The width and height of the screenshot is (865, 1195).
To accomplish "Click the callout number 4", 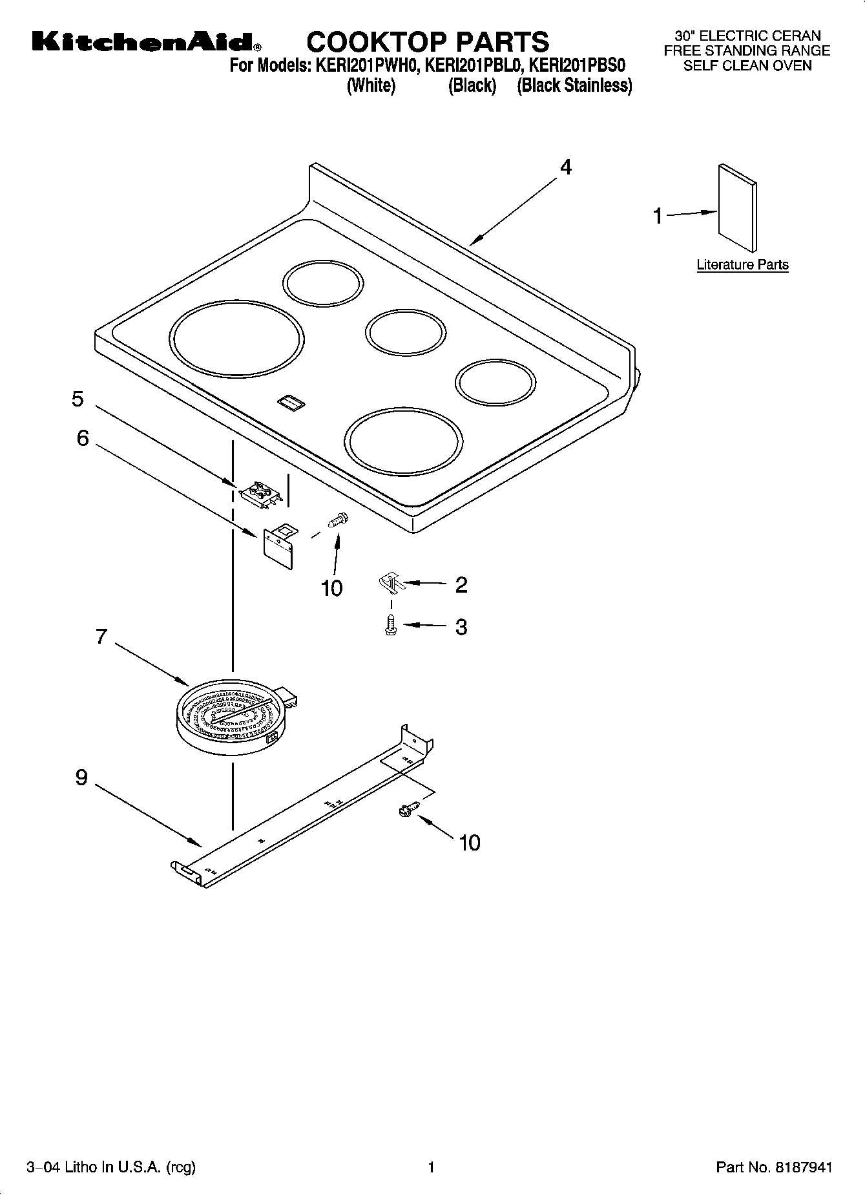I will point(565,167).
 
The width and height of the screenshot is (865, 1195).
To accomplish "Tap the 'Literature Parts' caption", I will point(742,264).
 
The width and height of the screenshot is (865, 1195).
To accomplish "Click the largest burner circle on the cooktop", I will point(237,339).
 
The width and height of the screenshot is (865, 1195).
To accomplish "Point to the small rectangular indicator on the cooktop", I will point(291,403).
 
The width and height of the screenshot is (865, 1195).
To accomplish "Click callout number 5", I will point(78,399).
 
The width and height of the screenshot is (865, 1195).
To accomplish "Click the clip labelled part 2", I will point(391,583).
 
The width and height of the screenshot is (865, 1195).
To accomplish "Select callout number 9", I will point(81,777).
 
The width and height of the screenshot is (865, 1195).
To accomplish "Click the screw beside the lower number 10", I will point(409,808).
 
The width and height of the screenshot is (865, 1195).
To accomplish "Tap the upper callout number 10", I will point(331,588).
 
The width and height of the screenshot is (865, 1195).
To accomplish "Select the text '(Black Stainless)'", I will point(574,85).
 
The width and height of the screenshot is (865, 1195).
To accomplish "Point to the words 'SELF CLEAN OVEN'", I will point(747,65).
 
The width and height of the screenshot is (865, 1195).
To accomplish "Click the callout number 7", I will point(101,637).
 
